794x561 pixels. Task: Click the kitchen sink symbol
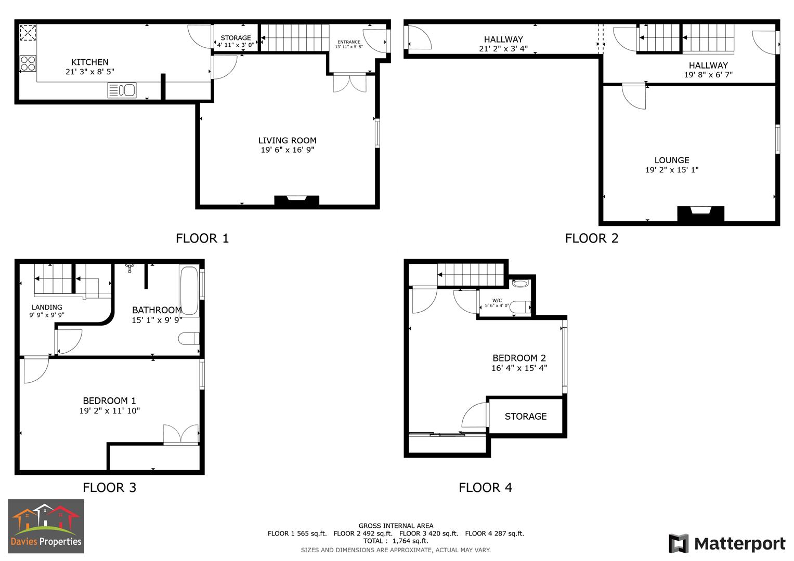122,90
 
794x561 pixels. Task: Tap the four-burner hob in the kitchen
28,63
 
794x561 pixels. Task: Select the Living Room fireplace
296,201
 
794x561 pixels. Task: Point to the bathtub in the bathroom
189,291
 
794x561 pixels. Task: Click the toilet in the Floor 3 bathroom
189,339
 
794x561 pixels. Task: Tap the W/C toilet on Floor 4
520,307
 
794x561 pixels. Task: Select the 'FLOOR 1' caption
202,238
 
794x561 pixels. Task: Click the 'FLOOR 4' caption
485,487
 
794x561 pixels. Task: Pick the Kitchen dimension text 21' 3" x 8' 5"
90,72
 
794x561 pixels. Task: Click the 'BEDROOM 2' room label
519,358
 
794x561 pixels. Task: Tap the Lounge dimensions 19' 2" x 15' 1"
672,170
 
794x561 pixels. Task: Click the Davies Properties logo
46,526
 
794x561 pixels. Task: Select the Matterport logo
727,544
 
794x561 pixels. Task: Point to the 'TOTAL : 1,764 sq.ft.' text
396,541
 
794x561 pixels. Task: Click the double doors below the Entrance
349,84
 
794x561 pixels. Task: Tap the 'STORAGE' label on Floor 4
526,416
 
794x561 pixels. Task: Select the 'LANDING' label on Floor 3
47,308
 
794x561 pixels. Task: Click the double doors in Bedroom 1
180,435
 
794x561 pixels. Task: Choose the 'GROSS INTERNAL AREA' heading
396,526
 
